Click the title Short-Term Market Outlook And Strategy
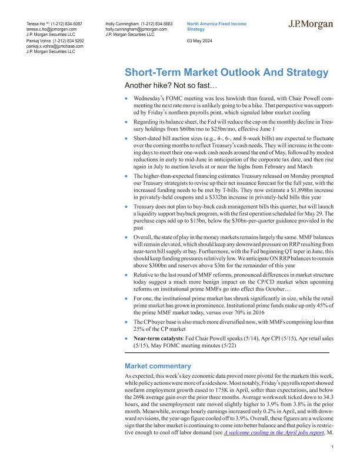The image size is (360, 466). [226, 73]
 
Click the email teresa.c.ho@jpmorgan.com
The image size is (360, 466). [52, 28]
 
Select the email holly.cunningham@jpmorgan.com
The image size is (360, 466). [136, 28]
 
